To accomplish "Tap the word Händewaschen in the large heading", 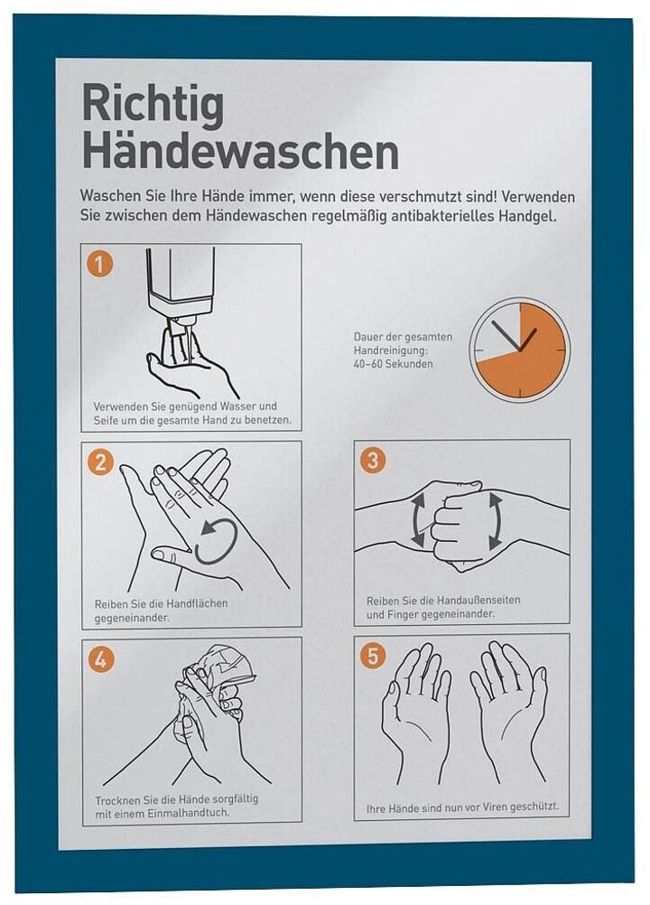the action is tap(240, 150).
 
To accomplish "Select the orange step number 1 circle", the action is tap(99, 265).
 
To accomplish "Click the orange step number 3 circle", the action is tap(372, 460).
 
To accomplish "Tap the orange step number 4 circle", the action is tap(100, 659).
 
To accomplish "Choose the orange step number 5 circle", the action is tap(373, 657).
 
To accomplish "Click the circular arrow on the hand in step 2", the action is tap(216, 541).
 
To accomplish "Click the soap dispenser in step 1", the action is tap(180, 283).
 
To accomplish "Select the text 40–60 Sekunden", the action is tap(393, 364).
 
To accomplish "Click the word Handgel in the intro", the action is tap(530, 217).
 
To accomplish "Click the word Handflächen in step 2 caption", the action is tap(197, 603).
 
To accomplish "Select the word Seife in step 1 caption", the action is tap(106, 420).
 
